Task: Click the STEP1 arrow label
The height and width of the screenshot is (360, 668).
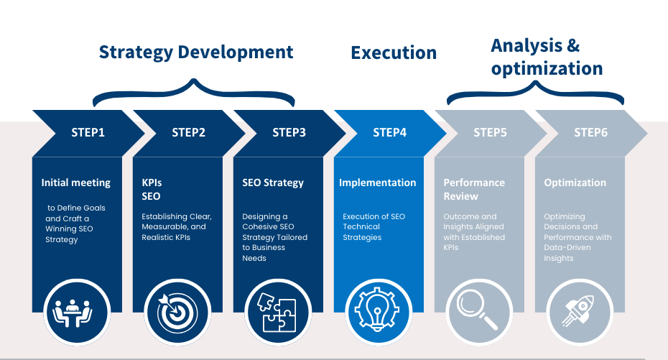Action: (x=88, y=132)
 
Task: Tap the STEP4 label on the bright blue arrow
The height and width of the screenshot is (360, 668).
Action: (x=389, y=132)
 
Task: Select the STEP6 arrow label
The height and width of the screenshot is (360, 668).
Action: (x=590, y=132)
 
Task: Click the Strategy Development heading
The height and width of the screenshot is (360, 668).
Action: (x=196, y=52)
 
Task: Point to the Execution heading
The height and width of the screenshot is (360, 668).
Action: (x=394, y=53)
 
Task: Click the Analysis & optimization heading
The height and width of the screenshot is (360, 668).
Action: (x=547, y=57)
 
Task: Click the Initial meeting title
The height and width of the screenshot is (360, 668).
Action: (x=76, y=183)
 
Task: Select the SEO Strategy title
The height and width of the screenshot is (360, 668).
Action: (x=273, y=183)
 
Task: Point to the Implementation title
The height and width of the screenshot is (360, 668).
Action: (x=377, y=183)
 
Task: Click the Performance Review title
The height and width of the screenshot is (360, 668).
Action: (x=474, y=190)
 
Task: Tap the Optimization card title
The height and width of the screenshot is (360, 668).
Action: (x=575, y=183)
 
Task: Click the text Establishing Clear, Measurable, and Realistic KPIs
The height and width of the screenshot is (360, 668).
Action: (x=177, y=227)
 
